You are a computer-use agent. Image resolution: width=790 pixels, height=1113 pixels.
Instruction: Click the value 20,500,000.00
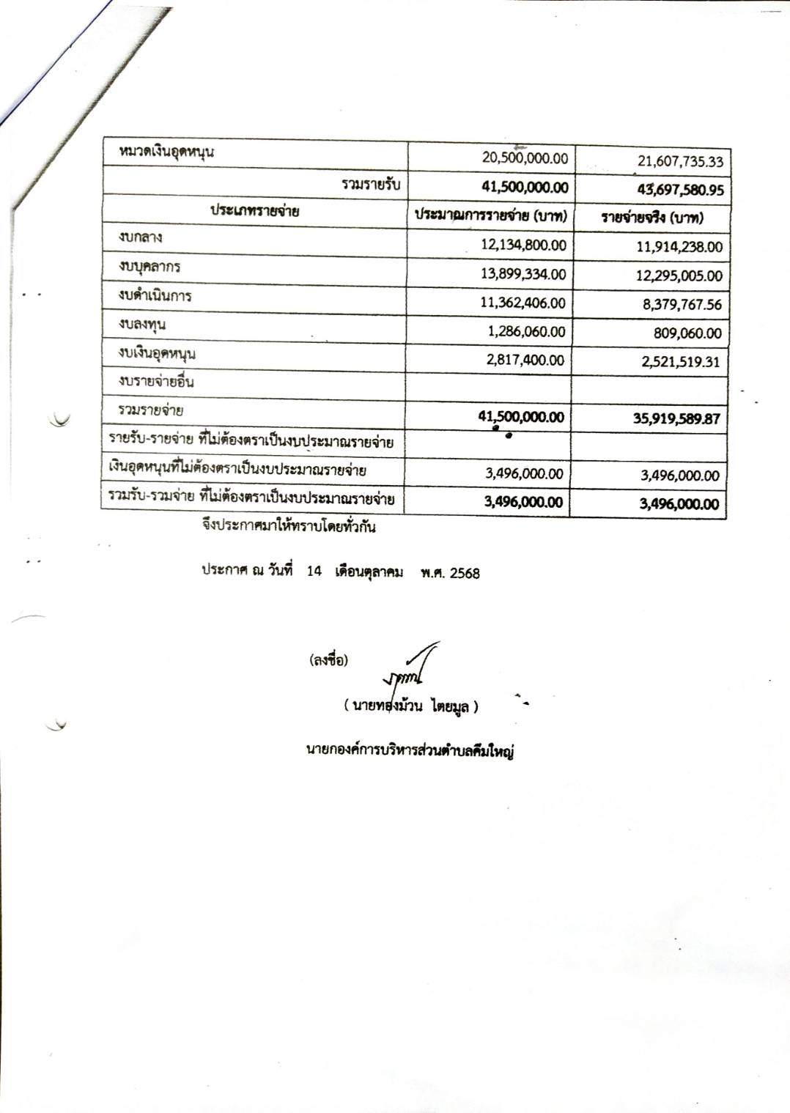coord(525,158)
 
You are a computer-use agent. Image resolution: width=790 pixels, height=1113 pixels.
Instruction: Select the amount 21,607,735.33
coord(680,161)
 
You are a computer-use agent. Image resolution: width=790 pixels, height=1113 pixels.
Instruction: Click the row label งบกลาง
coord(141,237)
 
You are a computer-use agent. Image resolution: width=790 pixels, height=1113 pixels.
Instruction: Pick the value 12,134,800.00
coord(523,245)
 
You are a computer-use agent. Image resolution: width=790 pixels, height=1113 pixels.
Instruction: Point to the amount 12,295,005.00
coord(679,276)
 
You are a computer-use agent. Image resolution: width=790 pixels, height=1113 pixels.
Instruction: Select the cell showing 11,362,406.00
coord(523,303)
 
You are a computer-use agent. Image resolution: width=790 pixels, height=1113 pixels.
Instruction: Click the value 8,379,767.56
coord(682,304)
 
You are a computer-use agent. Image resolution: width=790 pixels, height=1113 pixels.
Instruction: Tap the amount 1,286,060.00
coord(526,331)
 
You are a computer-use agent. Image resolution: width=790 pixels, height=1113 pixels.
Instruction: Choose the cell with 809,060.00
coord(687,333)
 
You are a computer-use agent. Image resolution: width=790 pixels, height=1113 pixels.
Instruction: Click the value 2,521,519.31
coord(680,361)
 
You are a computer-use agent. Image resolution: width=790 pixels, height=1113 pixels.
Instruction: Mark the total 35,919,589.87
coord(676,418)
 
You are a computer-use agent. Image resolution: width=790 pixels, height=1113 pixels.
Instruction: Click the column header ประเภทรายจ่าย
coord(254,211)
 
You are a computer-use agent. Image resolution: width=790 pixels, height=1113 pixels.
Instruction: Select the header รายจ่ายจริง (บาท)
coord(651,218)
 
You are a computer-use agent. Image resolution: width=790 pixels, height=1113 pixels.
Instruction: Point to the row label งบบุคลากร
coord(149,267)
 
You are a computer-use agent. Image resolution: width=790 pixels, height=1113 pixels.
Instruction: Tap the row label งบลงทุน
coord(142,324)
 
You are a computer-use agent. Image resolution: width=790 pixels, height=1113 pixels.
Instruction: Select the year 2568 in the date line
coord(465,573)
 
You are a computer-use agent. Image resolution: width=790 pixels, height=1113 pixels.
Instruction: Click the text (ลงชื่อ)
coord(328,659)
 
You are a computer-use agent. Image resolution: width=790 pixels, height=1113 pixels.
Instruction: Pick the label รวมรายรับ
coord(371,184)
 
